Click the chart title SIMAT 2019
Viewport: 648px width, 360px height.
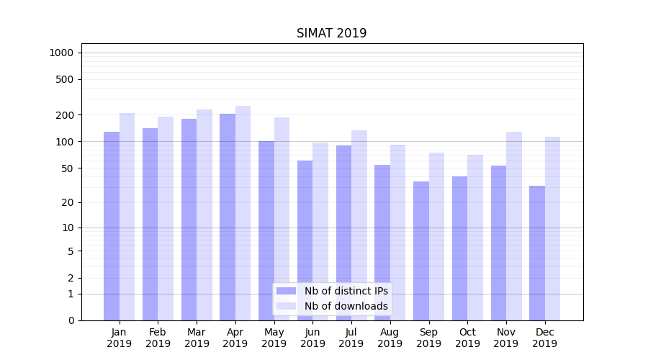pyautogui.click(x=331, y=34)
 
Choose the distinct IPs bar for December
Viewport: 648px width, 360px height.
pyautogui.click(x=537, y=253)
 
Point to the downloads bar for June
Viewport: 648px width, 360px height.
pyautogui.click(x=320, y=230)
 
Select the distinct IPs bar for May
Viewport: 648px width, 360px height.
pyautogui.click(x=266, y=230)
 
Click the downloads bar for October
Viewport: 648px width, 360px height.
pyautogui.click(x=475, y=237)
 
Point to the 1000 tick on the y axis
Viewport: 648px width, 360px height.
pyautogui.click(x=61, y=53)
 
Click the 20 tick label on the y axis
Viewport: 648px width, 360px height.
pyautogui.click(x=68, y=202)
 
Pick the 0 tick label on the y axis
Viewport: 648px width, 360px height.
pyautogui.click(x=71, y=320)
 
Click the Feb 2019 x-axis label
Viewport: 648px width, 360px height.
pyautogui.click(x=158, y=338)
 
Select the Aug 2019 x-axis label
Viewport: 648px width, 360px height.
pyautogui.click(x=390, y=338)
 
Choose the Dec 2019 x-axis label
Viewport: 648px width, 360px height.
pyautogui.click(x=544, y=338)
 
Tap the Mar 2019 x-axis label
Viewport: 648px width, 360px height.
pyautogui.click(x=197, y=338)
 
